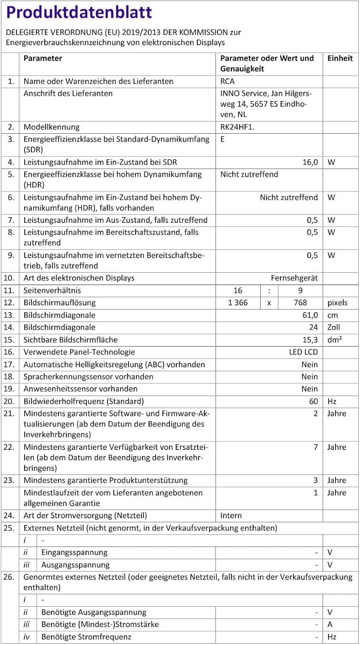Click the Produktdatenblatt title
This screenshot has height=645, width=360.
[x=79, y=12]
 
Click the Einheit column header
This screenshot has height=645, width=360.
[x=340, y=58]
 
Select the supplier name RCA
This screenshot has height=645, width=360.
[x=228, y=81]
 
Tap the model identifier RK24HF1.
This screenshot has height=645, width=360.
[x=238, y=127]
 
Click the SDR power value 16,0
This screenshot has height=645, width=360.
[x=310, y=162]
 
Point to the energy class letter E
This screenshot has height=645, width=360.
[x=222, y=139]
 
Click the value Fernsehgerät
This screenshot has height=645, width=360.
[x=294, y=278]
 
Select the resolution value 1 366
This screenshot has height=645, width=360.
[x=238, y=303]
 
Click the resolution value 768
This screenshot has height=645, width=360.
[x=300, y=303]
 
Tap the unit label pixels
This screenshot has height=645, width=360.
[x=337, y=303]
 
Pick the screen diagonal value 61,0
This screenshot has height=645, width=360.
[x=310, y=315]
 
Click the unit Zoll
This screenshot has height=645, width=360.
[x=334, y=327]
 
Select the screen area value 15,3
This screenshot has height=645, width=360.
[x=310, y=340]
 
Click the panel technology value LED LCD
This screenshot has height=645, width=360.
[x=303, y=352]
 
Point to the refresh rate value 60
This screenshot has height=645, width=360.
[x=314, y=401]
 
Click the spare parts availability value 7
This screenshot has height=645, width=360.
[x=315, y=447]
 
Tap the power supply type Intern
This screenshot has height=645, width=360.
[x=231, y=515]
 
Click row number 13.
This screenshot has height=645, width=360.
[x=9, y=315]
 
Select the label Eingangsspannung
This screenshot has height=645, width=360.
[x=74, y=552]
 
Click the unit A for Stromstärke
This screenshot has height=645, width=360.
[x=330, y=624]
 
